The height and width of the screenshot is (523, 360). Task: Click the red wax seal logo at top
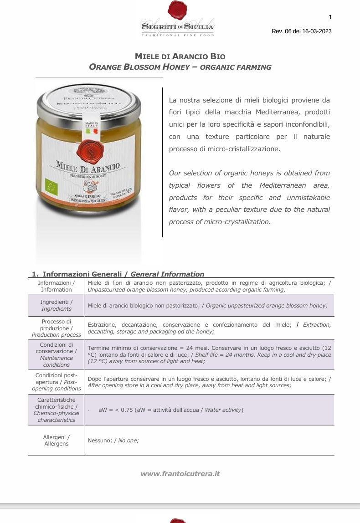click(x=177, y=10)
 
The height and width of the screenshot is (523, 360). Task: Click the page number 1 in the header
click(x=330, y=17)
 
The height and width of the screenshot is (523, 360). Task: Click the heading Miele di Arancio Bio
click(x=180, y=56)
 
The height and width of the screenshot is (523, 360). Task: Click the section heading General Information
click(x=167, y=274)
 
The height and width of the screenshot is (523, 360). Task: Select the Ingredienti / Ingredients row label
click(x=56, y=305)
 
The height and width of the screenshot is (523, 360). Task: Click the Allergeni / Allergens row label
click(x=56, y=440)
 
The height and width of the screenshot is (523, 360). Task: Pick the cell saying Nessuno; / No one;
click(x=113, y=440)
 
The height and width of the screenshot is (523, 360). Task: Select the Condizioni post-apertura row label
click(x=56, y=382)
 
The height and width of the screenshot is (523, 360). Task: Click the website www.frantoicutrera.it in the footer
click(x=180, y=473)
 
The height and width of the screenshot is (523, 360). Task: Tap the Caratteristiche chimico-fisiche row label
click(x=56, y=410)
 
